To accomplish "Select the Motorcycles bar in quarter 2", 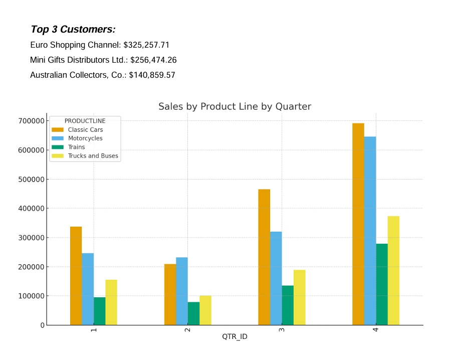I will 182,291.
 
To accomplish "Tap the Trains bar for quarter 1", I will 100,311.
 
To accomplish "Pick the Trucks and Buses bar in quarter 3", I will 299,297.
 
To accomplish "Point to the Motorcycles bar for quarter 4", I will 370,231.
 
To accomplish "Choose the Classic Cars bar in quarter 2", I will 170,294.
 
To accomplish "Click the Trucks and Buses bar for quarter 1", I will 111,302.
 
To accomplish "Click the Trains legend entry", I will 76,147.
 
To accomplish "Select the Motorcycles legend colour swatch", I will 58,138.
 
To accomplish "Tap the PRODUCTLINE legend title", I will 85,121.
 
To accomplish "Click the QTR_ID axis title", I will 235,337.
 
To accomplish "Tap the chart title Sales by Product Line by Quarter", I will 235,107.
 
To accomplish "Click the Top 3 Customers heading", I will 73,30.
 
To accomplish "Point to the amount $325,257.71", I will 150,45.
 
